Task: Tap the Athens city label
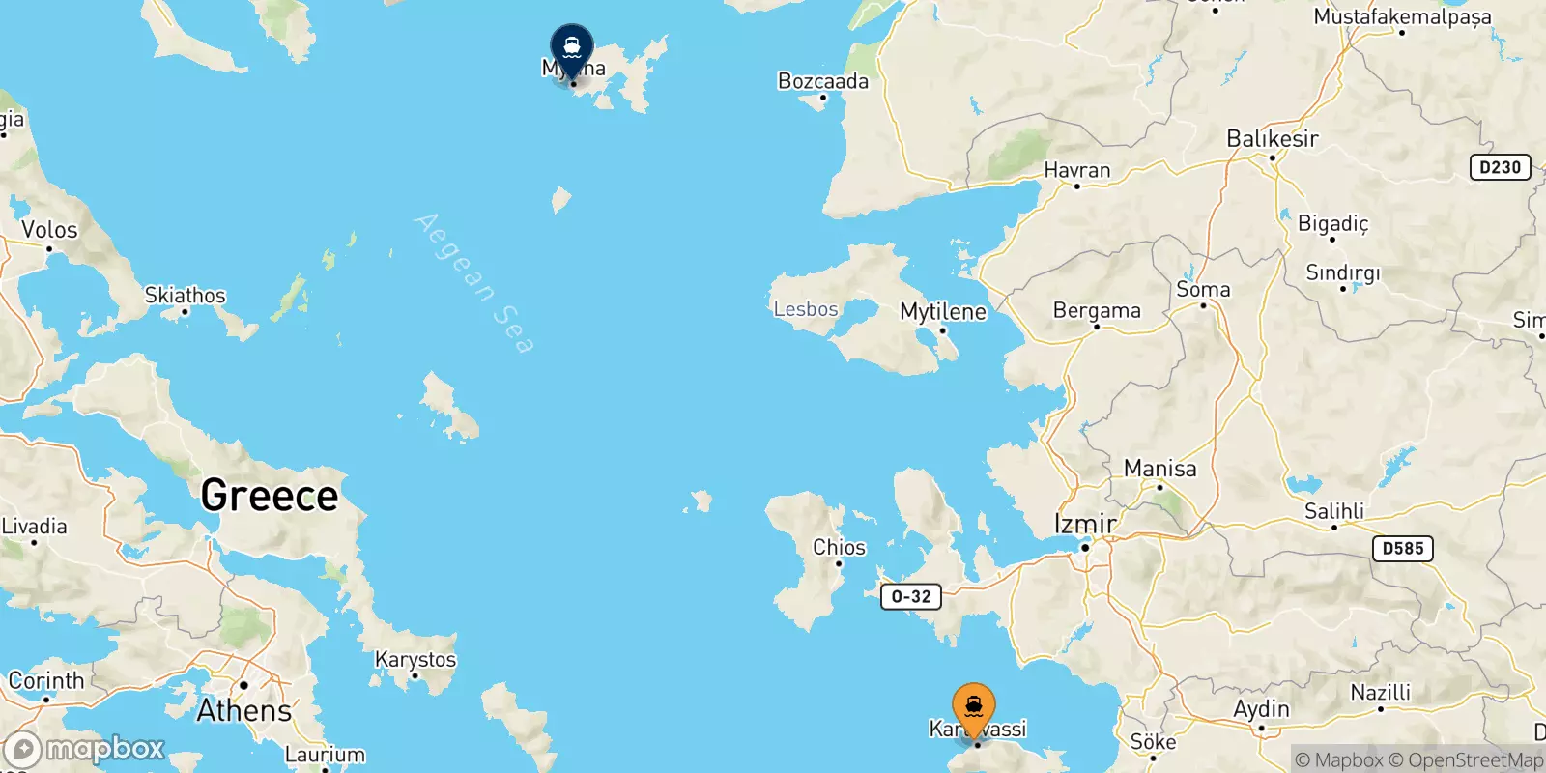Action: (x=244, y=711)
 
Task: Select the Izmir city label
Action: (x=1084, y=524)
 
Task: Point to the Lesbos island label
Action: (x=806, y=309)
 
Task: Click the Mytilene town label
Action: (x=943, y=312)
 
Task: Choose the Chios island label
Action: (x=839, y=547)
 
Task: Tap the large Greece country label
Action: (x=270, y=496)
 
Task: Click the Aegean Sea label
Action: (x=473, y=283)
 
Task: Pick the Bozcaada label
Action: (x=823, y=81)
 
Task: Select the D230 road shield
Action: (x=1500, y=167)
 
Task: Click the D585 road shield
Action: (x=1402, y=549)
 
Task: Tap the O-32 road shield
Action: (x=910, y=597)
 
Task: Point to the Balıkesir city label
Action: (x=1272, y=139)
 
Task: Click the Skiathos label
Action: (x=185, y=295)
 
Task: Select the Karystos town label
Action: (x=415, y=660)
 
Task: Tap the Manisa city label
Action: (x=1159, y=469)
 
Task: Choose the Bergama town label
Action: (x=1097, y=311)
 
